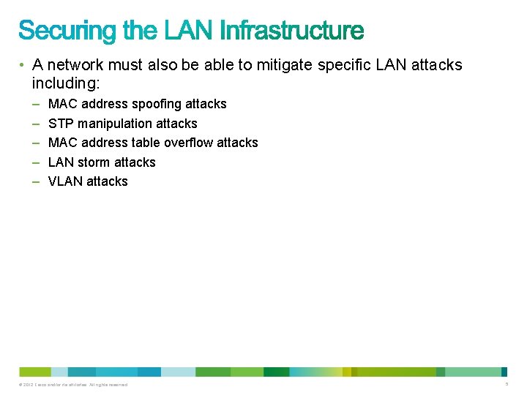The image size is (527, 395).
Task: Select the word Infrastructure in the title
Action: (291, 31)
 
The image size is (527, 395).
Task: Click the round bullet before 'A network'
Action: (24, 65)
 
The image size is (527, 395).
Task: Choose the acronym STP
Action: (61, 124)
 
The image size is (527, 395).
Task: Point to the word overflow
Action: (189, 143)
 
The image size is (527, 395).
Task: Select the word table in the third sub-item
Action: (146, 143)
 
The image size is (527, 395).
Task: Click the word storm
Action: (92, 162)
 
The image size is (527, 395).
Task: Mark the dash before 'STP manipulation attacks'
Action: (36, 124)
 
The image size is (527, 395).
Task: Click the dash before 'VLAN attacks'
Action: (36, 181)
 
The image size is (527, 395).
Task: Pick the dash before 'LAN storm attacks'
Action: (36, 162)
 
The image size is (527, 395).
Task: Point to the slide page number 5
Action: (507, 384)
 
